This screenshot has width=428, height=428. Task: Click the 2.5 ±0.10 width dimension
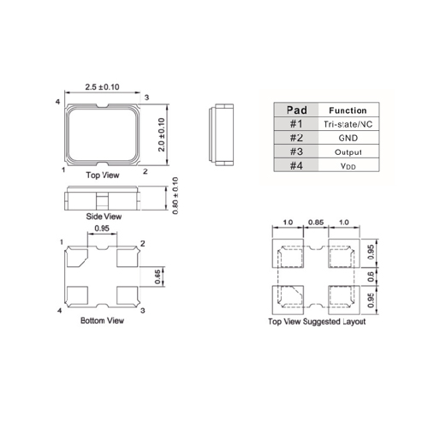pos(102,86)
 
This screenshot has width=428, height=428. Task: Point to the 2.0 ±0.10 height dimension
pos(162,134)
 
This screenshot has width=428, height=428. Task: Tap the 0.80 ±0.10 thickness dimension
pos(175,196)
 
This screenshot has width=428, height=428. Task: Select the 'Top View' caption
pos(103,175)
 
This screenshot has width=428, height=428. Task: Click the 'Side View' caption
pos(104,217)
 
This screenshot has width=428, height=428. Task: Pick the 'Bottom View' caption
pos(102,320)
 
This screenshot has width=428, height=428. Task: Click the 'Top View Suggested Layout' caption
pos(317,322)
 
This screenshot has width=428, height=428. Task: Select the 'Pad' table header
pos(297,110)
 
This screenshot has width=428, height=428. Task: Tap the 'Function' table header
pos(348,110)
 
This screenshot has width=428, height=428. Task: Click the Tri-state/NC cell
pos(348,124)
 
